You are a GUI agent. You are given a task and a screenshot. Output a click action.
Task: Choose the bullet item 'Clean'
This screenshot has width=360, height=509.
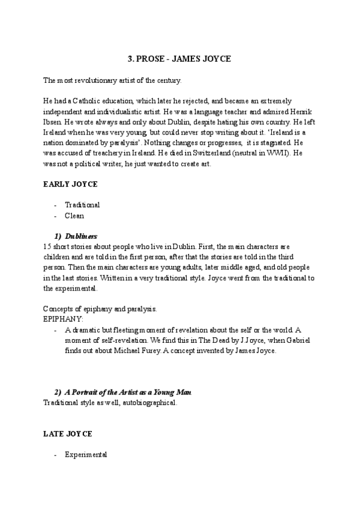tap(74, 215)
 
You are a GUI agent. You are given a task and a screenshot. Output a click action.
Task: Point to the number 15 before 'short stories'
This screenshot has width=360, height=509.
tap(47, 246)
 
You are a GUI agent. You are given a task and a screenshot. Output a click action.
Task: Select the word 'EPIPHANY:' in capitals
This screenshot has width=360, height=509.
tap(64, 319)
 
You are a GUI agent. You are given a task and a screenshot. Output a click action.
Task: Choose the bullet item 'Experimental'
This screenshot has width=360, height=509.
tap(86, 454)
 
